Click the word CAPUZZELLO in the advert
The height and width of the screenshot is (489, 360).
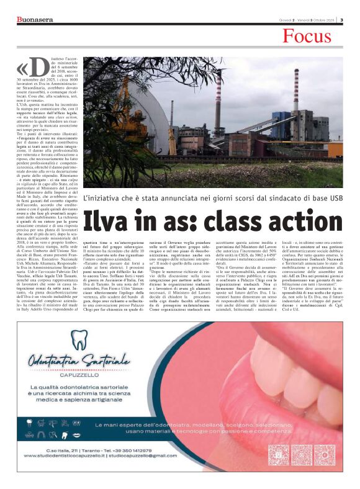pyautogui.click(x=80, y=375)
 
